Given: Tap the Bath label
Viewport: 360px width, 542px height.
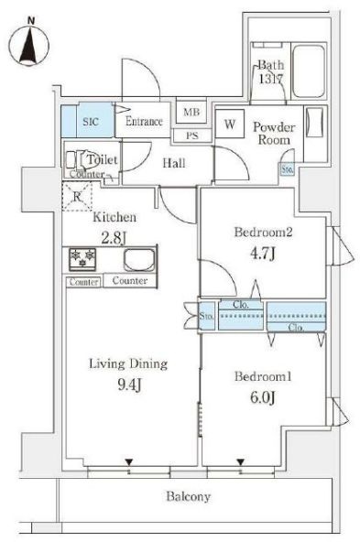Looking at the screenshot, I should coord(270,65).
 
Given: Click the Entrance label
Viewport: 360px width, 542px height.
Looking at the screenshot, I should coord(145,122).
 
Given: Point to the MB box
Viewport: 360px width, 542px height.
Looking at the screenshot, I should coord(191,113).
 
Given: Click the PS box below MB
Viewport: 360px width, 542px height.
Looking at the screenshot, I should coord(191,135).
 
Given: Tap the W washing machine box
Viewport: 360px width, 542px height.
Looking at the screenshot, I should coord(228,124).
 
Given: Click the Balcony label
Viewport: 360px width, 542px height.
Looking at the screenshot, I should coord(188,498).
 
